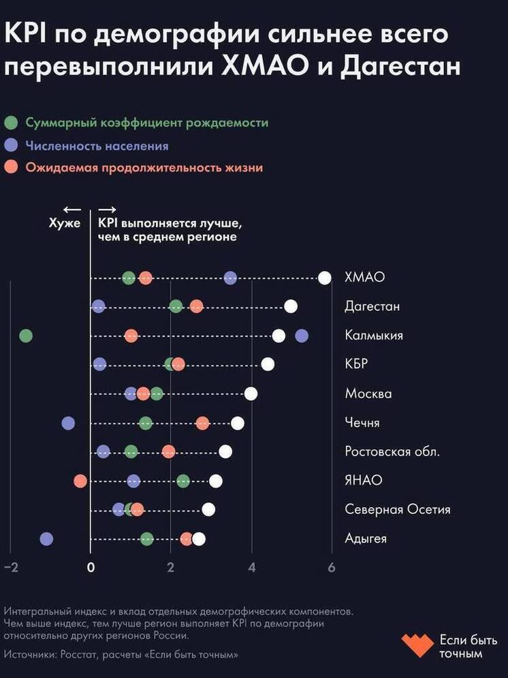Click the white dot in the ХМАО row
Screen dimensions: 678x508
[x=325, y=278]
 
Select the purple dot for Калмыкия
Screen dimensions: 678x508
[x=302, y=336]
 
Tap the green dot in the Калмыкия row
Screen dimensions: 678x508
[x=26, y=336]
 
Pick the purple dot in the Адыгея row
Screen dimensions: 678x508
[x=46, y=539]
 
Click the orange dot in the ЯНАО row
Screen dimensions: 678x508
[x=80, y=481]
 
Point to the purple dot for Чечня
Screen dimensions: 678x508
[x=68, y=423]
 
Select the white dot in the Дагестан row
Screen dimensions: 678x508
[x=291, y=306]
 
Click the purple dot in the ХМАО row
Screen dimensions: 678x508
[x=231, y=278]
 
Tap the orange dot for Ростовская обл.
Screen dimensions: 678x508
[x=169, y=451]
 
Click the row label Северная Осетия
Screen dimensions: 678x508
[x=398, y=509]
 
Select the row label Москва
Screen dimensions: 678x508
[x=368, y=393]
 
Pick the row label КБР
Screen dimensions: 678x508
[x=356, y=364]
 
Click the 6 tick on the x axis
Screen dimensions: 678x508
[x=332, y=568]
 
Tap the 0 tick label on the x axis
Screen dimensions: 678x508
[x=91, y=568]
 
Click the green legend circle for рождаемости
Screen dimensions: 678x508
[x=11, y=123]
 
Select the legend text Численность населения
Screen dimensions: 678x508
[x=97, y=146]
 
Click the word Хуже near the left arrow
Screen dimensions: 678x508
[x=65, y=223]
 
